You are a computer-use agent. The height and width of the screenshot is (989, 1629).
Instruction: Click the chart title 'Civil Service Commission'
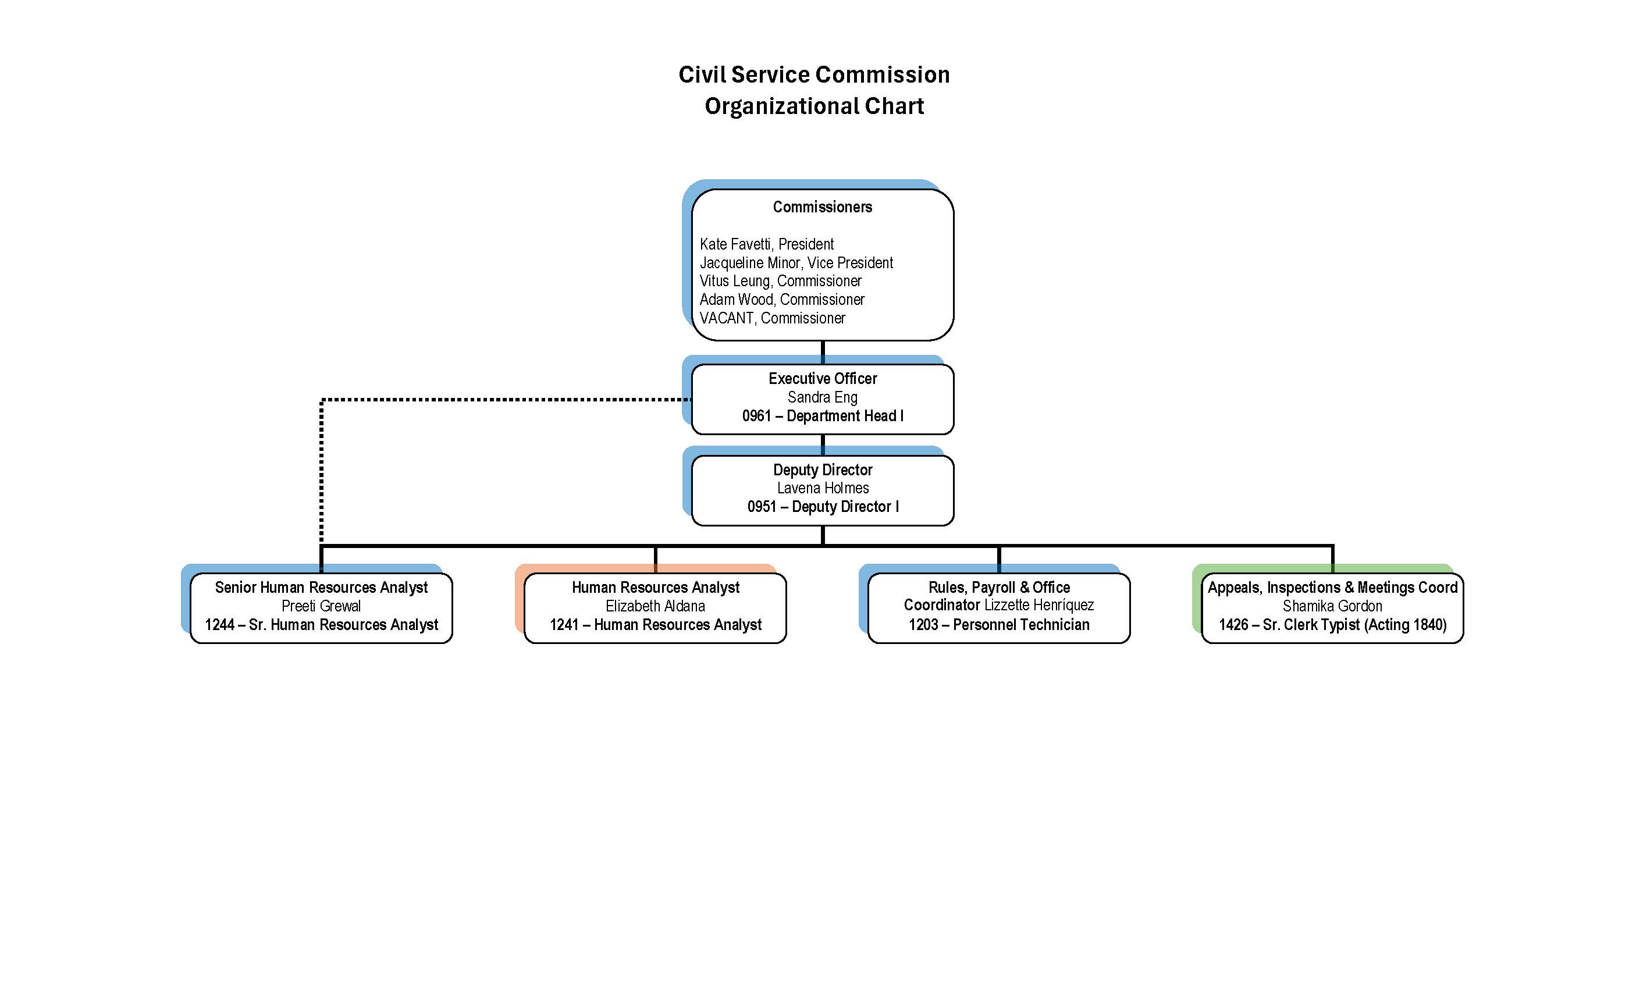click(814, 74)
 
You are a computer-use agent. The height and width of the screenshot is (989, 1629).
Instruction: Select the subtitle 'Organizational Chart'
click(814, 106)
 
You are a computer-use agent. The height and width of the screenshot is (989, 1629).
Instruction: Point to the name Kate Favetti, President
click(766, 244)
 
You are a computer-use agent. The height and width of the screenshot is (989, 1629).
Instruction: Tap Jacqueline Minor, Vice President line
click(796, 262)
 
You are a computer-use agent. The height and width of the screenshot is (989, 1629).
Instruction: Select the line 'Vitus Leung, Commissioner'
click(780, 281)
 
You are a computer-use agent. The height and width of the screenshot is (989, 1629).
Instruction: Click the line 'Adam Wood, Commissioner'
click(781, 300)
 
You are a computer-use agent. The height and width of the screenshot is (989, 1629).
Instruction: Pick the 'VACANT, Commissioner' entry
click(772, 318)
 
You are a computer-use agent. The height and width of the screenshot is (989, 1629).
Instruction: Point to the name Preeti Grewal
click(321, 606)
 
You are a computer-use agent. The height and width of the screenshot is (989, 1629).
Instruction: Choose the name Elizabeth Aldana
click(655, 606)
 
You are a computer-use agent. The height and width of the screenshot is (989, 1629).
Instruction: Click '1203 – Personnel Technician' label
click(998, 625)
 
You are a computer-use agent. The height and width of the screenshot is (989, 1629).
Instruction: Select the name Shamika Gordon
click(1332, 606)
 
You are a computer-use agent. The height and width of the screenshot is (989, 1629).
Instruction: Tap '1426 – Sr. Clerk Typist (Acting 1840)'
click(1332, 625)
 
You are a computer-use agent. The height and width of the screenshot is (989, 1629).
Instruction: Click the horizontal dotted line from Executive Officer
click(503, 399)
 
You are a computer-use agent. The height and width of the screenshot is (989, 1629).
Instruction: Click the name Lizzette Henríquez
click(1038, 605)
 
